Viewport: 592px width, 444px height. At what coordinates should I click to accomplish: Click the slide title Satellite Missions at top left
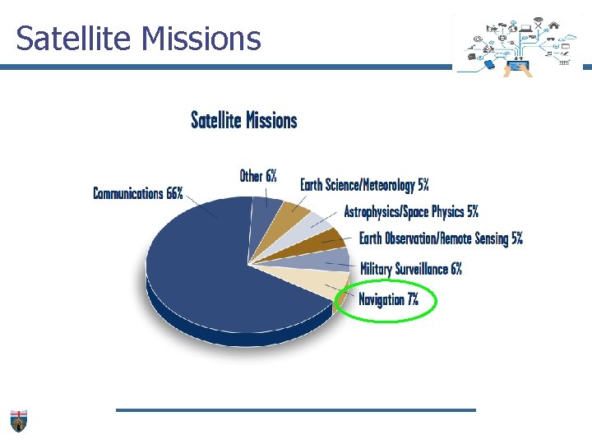(x=138, y=38)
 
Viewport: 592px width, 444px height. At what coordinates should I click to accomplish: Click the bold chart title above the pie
(x=243, y=120)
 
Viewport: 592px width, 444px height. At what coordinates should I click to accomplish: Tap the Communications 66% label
(x=137, y=194)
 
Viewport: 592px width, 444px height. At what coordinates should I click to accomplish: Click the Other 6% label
(x=258, y=176)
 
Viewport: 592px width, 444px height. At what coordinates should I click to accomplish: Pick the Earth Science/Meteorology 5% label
(x=364, y=185)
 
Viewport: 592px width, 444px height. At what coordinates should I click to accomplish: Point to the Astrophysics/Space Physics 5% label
(x=411, y=211)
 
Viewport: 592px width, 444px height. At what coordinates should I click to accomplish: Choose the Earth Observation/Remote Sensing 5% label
(x=441, y=239)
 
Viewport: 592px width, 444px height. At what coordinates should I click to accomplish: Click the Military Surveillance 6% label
(x=411, y=269)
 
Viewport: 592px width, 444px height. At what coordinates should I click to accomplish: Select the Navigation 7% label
(x=388, y=299)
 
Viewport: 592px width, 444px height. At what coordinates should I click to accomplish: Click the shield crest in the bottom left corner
(x=18, y=420)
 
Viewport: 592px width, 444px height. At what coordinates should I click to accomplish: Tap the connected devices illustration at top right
(x=519, y=46)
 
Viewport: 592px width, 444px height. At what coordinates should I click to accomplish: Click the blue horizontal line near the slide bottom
(x=295, y=409)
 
